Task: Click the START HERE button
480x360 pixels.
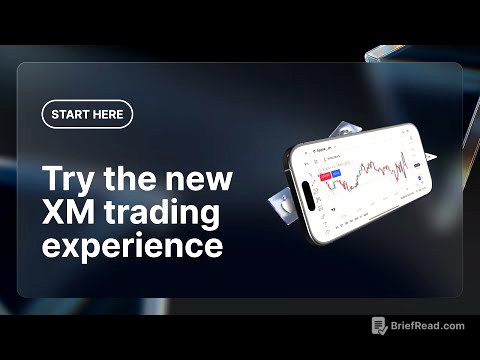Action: pyautogui.click(x=87, y=114)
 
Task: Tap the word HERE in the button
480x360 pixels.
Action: pyautogui.click(x=109, y=114)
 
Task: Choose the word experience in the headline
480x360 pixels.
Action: pyautogui.click(x=132, y=245)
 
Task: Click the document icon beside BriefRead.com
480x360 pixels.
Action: pyautogui.click(x=379, y=326)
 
